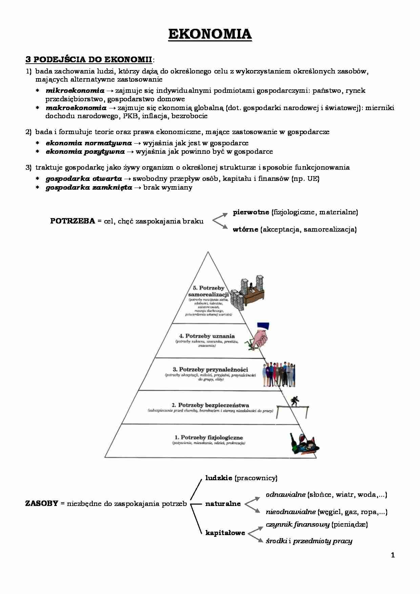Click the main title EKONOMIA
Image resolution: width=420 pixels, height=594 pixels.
point(210,34)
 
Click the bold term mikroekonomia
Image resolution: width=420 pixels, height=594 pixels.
point(75,91)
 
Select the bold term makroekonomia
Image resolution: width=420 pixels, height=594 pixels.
point(76,108)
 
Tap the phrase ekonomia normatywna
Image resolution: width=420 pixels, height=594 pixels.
point(89,143)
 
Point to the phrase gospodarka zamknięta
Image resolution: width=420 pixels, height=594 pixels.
point(89,188)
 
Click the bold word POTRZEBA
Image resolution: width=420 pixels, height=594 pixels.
point(72,221)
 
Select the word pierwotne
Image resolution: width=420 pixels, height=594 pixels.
point(251,212)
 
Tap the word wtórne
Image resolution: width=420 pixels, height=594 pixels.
point(245,230)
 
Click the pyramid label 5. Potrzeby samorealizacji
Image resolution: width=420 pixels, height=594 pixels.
point(208,291)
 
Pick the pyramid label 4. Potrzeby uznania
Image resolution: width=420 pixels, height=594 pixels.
point(207,336)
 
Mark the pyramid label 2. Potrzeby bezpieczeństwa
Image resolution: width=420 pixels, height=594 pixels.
point(210,405)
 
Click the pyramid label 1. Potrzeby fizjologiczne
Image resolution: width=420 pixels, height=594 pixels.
point(209,438)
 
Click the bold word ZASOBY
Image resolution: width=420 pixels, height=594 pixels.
point(42,504)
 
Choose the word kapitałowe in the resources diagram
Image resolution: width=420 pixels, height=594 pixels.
point(225,533)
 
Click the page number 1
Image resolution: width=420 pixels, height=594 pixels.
point(393,555)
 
